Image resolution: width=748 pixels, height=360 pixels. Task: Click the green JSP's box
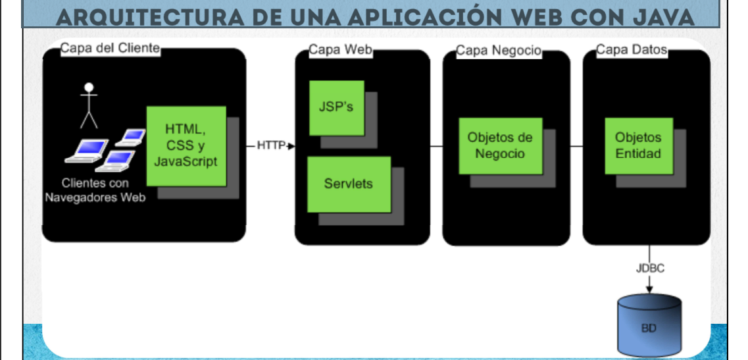coord(336,108)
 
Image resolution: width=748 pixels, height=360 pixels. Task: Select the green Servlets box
coord(349,184)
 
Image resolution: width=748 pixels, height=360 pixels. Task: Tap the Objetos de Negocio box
coord(500,145)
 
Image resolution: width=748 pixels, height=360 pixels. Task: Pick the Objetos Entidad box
coord(638,145)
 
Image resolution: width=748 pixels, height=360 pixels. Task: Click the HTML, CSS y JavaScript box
coord(186,145)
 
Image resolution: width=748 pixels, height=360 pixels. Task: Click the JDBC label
coord(649,269)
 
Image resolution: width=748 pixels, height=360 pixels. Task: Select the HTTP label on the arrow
coord(270,145)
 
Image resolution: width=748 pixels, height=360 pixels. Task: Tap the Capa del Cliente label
coord(110,48)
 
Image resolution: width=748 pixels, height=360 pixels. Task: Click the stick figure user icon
coord(89,104)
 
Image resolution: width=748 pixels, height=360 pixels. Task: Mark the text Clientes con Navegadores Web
coord(95,190)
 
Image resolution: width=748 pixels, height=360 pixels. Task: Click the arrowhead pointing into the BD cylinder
coord(649,288)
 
